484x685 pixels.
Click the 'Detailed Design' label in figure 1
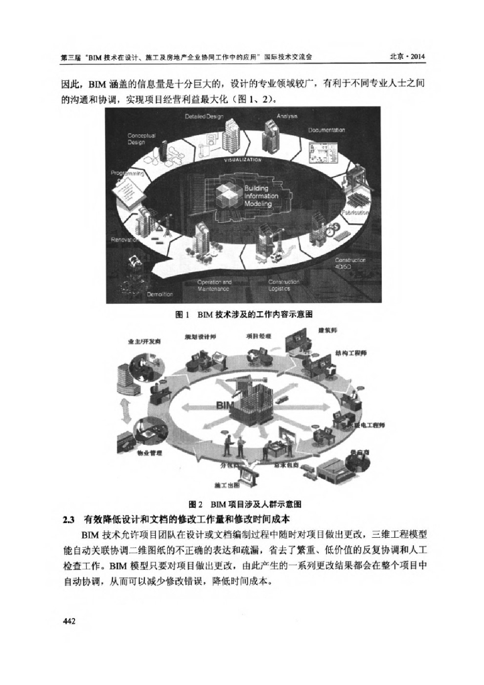click(x=204, y=116)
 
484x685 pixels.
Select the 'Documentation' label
click(x=326, y=129)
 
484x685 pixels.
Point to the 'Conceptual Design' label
click(x=142, y=138)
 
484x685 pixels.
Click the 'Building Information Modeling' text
click(x=257, y=196)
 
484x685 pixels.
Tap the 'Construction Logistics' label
click(x=283, y=286)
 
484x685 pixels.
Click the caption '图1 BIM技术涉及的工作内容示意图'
click(x=243, y=314)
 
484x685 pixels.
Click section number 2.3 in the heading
click(x=67, y=520)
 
